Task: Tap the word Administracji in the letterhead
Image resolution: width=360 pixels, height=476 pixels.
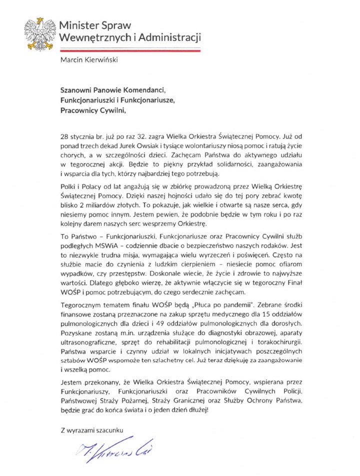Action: click(x=168, y=37)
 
